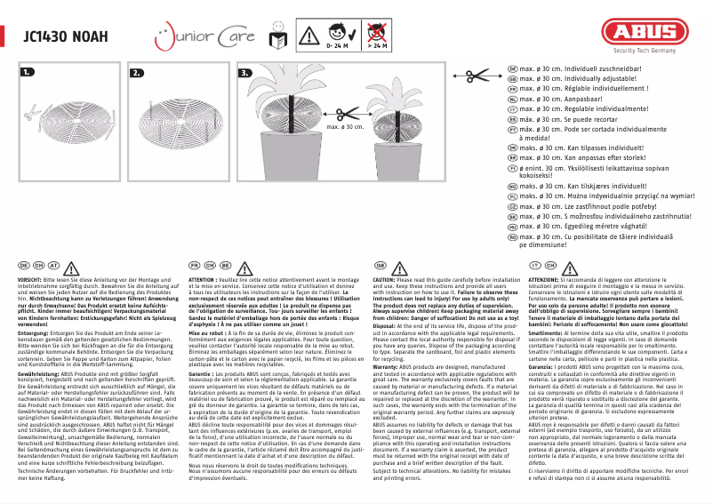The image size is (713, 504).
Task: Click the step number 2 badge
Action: point(137,72)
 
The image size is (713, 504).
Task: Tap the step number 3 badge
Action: point(246,72)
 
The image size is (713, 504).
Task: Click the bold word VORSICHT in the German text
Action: point(33,278)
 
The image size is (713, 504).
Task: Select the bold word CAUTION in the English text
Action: point(388,278)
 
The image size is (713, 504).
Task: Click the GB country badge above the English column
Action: point(380,265)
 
